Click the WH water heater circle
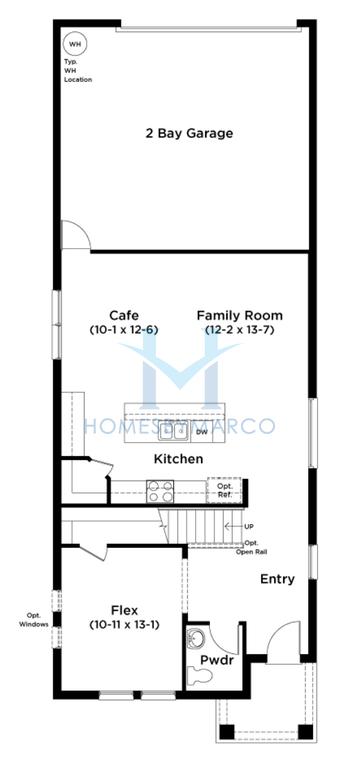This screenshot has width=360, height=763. point(75,44)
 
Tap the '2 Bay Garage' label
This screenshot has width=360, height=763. point(189,133)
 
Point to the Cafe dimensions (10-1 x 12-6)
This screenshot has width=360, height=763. point(124,329)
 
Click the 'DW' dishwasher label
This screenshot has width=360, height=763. point(202,432)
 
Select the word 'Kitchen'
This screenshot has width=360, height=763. point(178,459)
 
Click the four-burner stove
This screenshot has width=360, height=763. point(160,491)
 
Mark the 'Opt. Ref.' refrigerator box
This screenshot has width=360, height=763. point(225,490)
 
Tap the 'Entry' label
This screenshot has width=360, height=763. point(277,579)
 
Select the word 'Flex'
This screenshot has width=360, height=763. point(125,610)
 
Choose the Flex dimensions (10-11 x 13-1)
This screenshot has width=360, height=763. point(125,625)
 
